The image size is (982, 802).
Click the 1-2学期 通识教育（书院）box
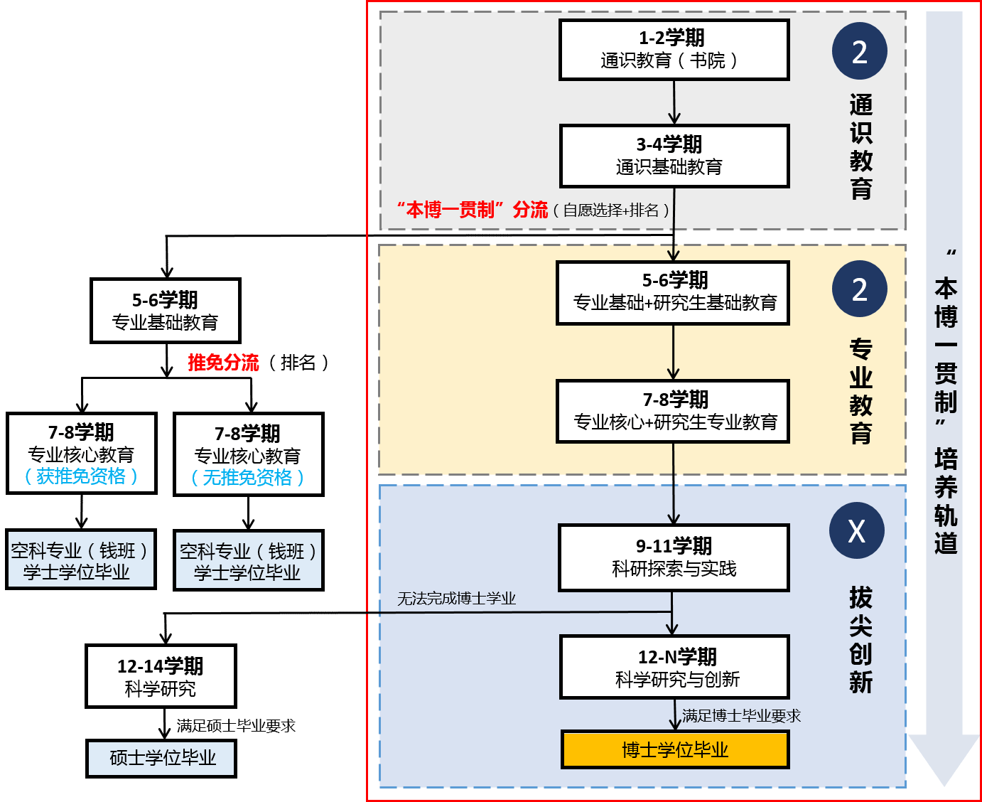[674, 50]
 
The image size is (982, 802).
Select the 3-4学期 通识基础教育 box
[674, 156]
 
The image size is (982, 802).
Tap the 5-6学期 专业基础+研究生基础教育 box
[673, 293]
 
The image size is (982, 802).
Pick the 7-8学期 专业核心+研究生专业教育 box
[673, 412]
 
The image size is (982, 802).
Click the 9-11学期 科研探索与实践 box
[674, 557]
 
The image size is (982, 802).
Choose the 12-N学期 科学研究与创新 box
[674, 668]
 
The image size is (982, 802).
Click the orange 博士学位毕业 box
[674, 749]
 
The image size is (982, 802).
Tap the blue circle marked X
[856, 530]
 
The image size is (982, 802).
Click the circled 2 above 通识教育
[859, 51]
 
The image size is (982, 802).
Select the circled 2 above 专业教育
[859, 289]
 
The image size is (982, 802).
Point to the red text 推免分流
[223, 363]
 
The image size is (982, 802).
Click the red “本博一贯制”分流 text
[473, 210]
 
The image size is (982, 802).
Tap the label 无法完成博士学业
[456, 599]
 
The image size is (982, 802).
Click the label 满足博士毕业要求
[741, 715]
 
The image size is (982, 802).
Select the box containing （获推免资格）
[82, 454]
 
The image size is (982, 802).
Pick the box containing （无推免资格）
[248, 454]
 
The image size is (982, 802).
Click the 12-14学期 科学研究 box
[161, 676]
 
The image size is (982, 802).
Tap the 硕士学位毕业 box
[161, 758]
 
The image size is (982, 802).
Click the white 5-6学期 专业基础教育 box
[165, 311]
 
